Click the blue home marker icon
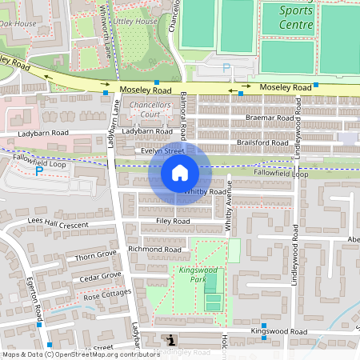tap(179, 173)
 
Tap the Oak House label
tap(17, 24)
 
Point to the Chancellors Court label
tap(150, 110)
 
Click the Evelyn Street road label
tap(164, 150)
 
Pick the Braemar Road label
tap(269, 118)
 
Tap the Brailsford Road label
tap(262, 142)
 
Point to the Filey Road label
tap(173, 221)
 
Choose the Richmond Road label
tap(155, 250)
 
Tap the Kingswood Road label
tap(278, 330)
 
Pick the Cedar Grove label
tap(100, 276)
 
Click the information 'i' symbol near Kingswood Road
tap(170, 340)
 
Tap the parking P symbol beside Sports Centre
tap(226, 69)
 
